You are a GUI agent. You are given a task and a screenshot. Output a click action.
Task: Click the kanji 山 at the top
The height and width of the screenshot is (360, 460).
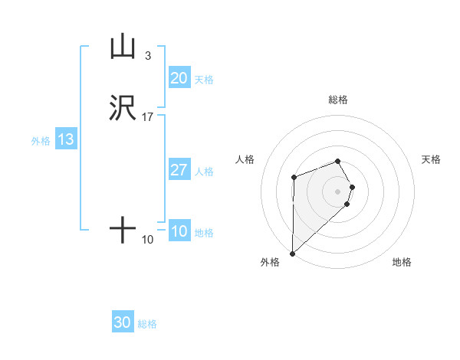click(x=123, y=47)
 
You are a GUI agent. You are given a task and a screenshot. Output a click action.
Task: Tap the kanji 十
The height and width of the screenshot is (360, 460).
click(x=123, y=230)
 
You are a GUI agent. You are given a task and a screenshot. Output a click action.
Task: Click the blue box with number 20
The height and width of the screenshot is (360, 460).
click(x=179, y=78)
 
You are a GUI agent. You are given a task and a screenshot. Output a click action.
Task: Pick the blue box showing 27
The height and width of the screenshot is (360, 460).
click(x=179, y=170)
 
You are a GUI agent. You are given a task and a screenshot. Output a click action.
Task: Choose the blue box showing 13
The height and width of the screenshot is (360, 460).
click(x=66, y=140)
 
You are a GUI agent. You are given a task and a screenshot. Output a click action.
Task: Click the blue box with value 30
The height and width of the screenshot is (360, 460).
click(x=123, y=323)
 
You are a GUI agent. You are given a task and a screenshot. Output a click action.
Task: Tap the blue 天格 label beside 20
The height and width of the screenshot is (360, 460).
click(x=204, y=80)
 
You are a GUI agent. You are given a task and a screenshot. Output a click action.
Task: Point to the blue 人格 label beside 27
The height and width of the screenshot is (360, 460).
click(x=204, y=172)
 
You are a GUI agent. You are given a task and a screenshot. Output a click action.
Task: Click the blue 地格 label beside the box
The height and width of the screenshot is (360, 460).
click(x=204, y=233)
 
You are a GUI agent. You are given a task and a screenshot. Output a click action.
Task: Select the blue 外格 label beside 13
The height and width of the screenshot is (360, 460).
click(x=41, y=141)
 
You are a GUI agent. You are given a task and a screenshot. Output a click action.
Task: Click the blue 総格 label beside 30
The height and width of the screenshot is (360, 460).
click(x=147, y=325)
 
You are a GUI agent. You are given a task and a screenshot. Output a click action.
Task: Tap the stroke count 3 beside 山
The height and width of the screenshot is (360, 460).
click(x=147, y=56)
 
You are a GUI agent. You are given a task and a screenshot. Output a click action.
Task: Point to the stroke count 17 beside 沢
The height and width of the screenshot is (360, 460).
click(x=148, y=117)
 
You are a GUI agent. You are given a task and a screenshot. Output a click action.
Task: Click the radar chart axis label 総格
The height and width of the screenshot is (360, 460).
click(x=338, y=100)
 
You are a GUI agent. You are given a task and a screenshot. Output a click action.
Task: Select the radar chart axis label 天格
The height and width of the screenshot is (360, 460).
click(x=432, y=159)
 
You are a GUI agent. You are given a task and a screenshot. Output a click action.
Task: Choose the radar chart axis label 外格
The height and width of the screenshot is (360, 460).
click(x=270, y=263)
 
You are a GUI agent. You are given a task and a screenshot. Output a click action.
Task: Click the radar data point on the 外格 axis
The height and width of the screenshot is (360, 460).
click(x=292, y=253)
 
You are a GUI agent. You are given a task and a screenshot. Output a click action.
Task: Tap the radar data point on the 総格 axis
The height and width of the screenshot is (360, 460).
click(x=338, y=161)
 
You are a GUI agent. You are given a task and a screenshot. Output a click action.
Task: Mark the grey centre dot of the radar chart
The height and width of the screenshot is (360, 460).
click(x=338, y=191)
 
